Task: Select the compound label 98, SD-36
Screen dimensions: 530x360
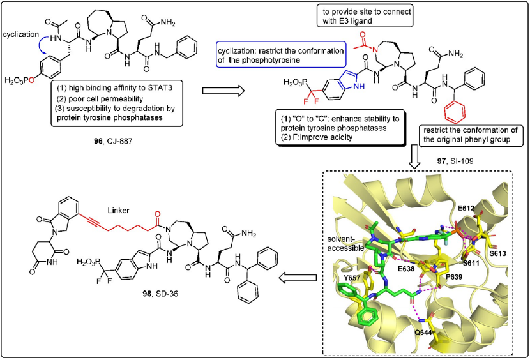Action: (160, 294)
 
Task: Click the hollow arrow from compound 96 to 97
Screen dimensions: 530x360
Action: (223, 91)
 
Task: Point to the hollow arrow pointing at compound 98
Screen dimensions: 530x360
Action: (298, 278)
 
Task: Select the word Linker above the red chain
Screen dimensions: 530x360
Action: (118, 211)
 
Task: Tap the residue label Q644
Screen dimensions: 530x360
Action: (423, 333)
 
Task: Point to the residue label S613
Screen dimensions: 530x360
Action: (497, 253)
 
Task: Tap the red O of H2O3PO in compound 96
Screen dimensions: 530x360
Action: (31, 80)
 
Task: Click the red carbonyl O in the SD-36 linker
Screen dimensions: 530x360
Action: (157, 214)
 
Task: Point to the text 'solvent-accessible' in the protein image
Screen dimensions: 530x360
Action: (345, 244)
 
